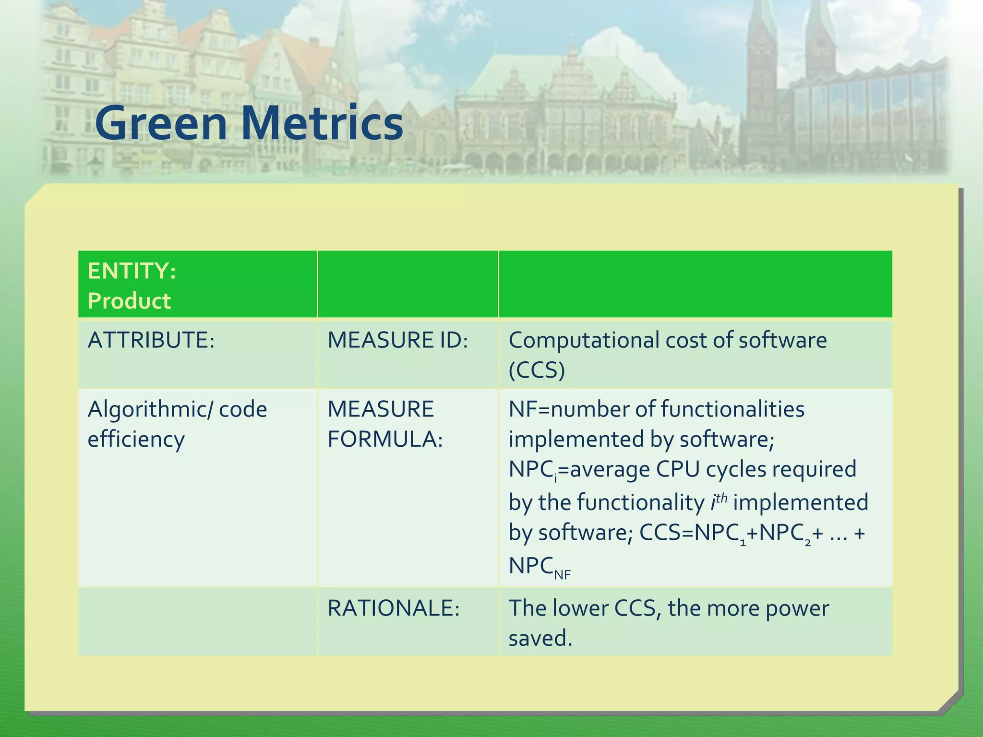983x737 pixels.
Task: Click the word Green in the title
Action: tap(161, 123)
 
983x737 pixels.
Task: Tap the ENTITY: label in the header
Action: tap(132, 271)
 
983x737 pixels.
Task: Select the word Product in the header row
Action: tap(129, 301)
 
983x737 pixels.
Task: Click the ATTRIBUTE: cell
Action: tap(151, 340)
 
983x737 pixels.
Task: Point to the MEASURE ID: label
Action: tap(397, 340)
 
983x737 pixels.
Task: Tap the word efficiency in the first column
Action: tap(136, 440)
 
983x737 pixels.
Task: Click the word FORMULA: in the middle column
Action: tap(385, 440)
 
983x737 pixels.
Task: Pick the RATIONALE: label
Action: tap(394, 608)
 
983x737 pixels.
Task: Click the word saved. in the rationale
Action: tap(540, 639)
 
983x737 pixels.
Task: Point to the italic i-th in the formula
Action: tap(719, 501)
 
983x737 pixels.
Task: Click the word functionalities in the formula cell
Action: tap(732, 409)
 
